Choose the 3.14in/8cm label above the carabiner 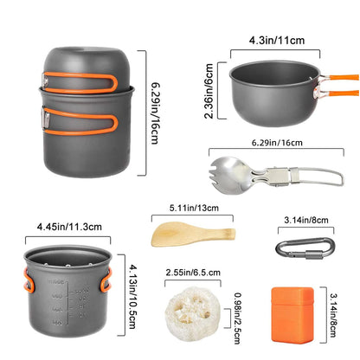[x=305, y=219]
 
